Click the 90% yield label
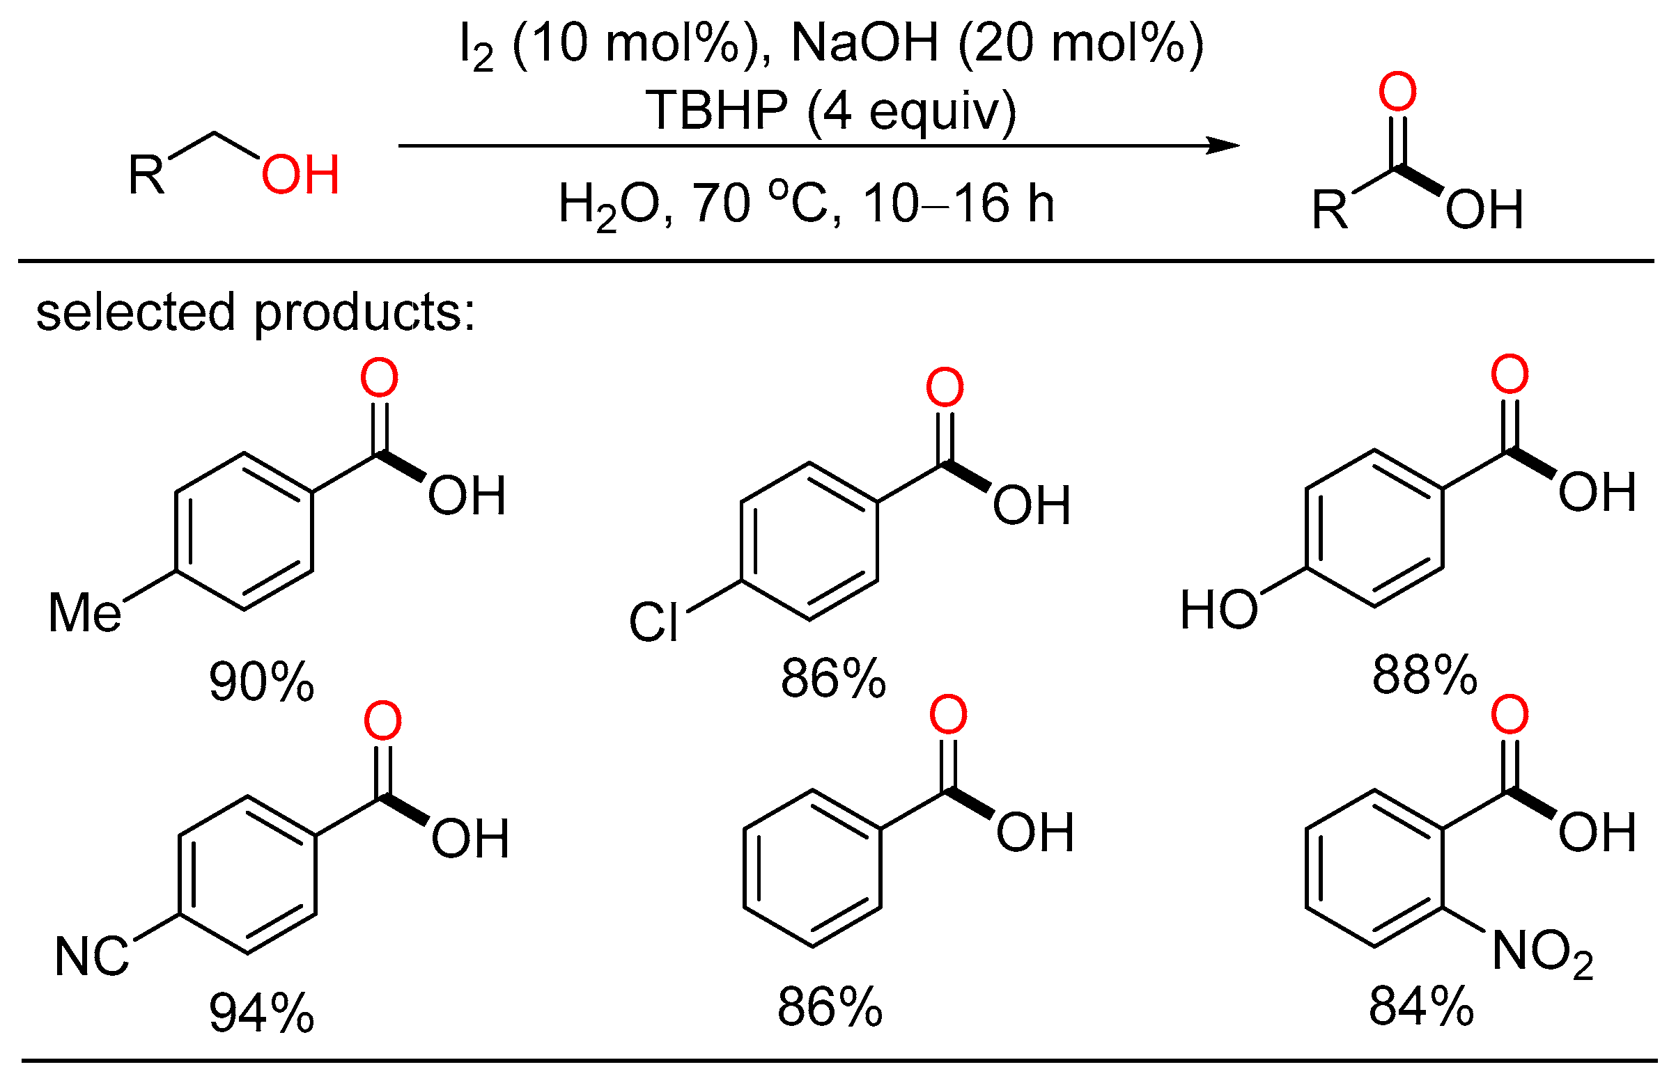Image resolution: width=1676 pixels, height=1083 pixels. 261,681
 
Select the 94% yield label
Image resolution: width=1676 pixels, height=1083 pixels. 261,1013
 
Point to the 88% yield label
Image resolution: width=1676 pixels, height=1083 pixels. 1424,674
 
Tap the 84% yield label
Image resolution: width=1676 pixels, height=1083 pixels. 1420,1006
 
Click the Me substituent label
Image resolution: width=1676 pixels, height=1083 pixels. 84,612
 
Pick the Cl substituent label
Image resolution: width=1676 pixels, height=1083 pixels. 653,622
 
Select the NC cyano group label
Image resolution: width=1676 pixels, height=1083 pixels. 91,956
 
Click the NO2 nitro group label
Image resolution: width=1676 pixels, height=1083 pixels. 1542,953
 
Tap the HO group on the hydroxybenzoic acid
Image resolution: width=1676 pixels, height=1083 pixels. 1218,609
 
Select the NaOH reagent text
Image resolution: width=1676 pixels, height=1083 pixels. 864,43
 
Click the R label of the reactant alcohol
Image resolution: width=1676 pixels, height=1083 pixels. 146,174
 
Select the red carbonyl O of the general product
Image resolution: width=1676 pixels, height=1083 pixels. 1397,91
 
